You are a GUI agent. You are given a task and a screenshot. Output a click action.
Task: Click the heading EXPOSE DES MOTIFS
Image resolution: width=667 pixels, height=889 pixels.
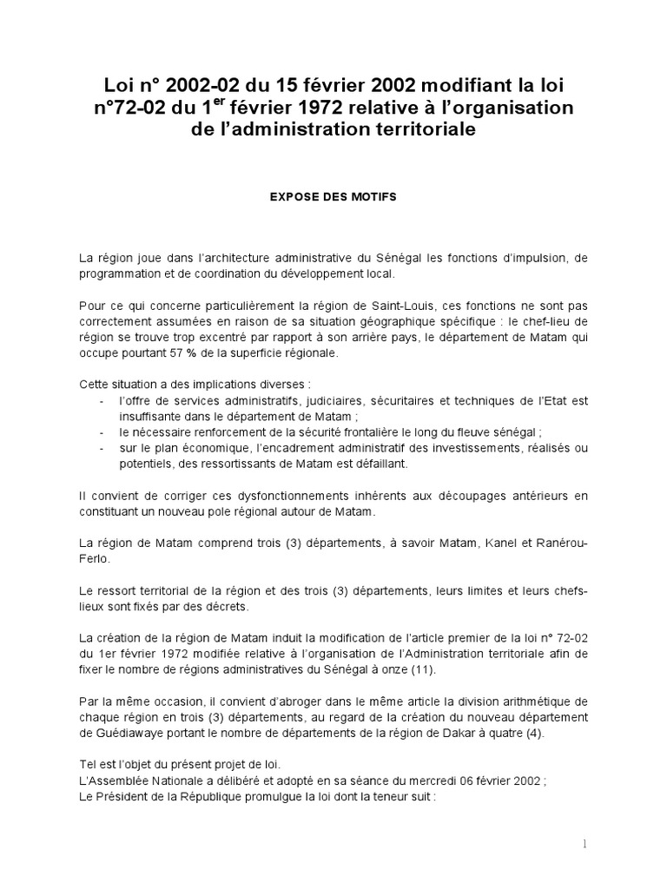[x=333, y=197]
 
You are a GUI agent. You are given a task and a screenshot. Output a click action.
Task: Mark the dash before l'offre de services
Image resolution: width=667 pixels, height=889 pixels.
[x=103, y=400]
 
